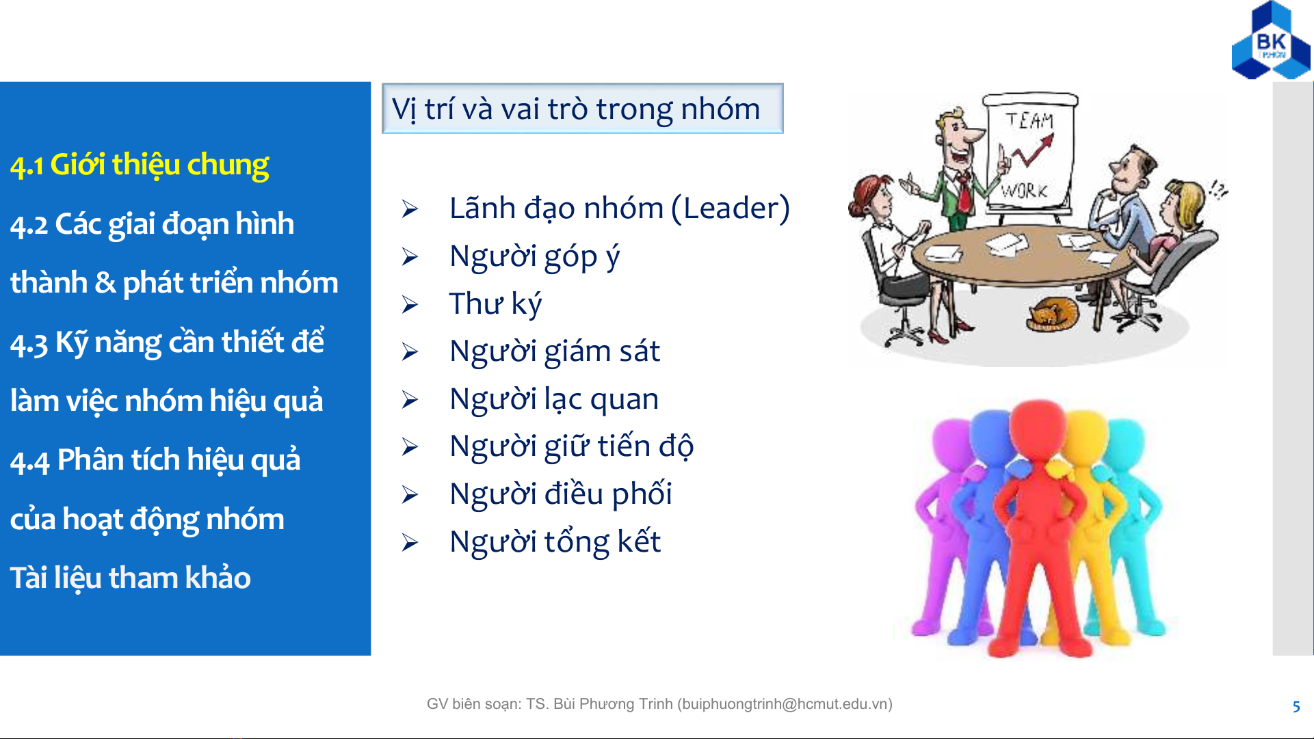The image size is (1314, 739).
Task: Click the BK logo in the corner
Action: pyautogui.click(x=1271, y=41)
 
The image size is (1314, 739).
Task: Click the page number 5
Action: pyautogui.click(x=1296, y=707)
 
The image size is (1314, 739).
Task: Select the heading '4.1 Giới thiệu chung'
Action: pyautogui.click(x=140, y=165)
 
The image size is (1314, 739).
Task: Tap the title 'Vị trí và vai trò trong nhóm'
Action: pyautogui.click(x=576, y=109)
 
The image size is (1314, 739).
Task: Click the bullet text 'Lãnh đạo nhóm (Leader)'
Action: pyautogui.click(x=619, y=209)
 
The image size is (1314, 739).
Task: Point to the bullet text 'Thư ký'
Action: pyautogui.click(x=495, y=304)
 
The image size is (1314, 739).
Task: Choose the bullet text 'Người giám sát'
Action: pyautogui.click(x=555, y=351)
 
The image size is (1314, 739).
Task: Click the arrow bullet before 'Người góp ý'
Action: pyautogui.click(x=410, y=256)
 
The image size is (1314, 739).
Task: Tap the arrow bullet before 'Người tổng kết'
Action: pyautogui.click(x=410, y=543)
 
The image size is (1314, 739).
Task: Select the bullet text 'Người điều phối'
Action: pyautogui.click(x=561, y=494)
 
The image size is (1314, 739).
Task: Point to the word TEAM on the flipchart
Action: pyautogui.click(x=1029, y=121)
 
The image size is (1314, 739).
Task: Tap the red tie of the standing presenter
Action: pyautogui.click(x=964, y=191)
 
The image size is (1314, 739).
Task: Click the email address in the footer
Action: pyautogui.click(x=785, y=704)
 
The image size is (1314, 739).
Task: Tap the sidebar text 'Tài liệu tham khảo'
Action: pyautogui.click(x=131, y=578)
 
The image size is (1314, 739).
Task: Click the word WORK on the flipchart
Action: pyautogui.click(x=1024, y=190)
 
